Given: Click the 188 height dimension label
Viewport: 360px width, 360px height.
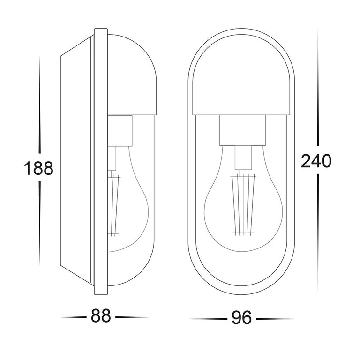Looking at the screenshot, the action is click(38, 168).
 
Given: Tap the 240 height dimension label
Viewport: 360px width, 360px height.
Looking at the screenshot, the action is click(316, 161).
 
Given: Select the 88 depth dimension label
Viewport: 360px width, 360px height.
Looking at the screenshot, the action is click(101, 316).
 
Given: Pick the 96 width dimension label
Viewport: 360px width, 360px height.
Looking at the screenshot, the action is click(241, 318).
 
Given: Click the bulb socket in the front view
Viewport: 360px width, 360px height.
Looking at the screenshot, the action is click(242, 130).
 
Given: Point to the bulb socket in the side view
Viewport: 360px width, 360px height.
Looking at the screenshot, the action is click(120, 131).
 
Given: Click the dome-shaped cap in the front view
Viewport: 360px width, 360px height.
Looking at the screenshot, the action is click(242, 76).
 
